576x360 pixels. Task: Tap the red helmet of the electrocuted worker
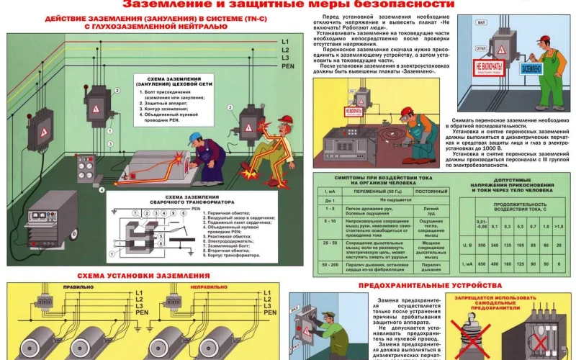pos(285,120)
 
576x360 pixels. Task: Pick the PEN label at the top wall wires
pos(288,66)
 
